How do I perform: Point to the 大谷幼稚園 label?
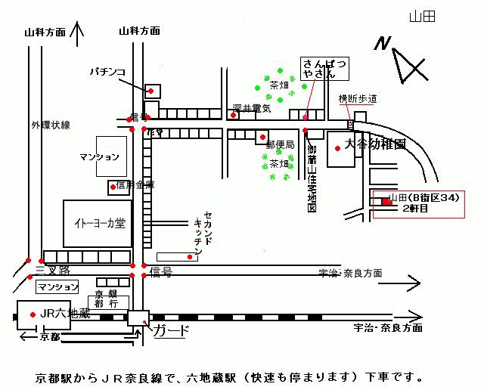click(376, 143)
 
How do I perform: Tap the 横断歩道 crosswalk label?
click(358, 99)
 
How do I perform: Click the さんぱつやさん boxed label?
click(323, 69)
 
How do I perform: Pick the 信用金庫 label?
click(136, 184)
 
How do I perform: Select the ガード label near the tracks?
click(171, 330)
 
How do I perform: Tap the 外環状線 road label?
click(51, 125)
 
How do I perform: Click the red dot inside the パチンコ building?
click(151, 91)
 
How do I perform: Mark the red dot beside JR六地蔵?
click(32, 314)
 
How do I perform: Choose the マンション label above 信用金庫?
click(99, 157)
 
